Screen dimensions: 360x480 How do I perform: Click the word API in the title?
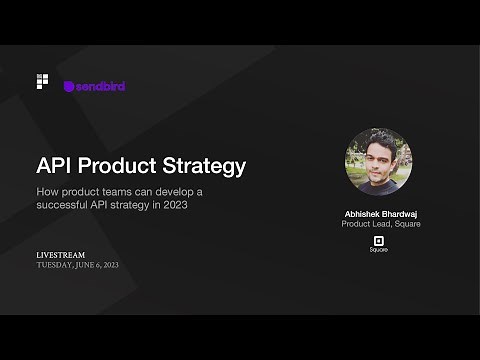click(58, 165)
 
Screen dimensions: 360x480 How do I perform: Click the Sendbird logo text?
click(101, 86)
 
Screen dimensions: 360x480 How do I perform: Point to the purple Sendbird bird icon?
click(69, 87)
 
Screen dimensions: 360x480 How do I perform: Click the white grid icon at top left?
click(42, 81)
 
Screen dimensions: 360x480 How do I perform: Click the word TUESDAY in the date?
click(55, 265)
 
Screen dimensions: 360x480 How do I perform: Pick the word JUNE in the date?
click(87, 265)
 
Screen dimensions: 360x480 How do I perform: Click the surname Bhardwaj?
click(400, 213)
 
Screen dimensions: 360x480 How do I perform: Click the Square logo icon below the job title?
click(379, 240)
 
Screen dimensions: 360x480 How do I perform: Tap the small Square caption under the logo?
click(379, 250)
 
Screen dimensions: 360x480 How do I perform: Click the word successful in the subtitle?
click(69, 205)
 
